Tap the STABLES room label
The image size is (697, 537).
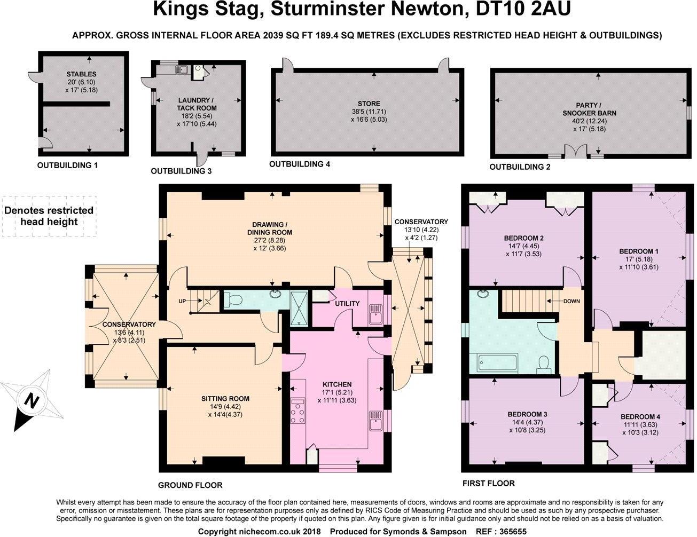click(x=81, y=74)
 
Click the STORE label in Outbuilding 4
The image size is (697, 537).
click(x=369, y=104)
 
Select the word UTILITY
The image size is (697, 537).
click(x=347, y=304)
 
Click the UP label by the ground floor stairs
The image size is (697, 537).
click(x=183, y=301)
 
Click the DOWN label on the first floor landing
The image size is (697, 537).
click(x=571, y=301)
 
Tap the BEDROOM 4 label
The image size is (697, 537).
click(x=640, y=417)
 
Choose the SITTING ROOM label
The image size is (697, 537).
click(x=225, y=399)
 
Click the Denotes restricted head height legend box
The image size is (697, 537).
click(x=49, y=216)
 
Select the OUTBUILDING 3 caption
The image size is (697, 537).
click(x=181, y=171)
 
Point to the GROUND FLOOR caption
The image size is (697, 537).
click(x=190, y=485)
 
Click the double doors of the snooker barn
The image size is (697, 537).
click(x=575, y=152)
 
